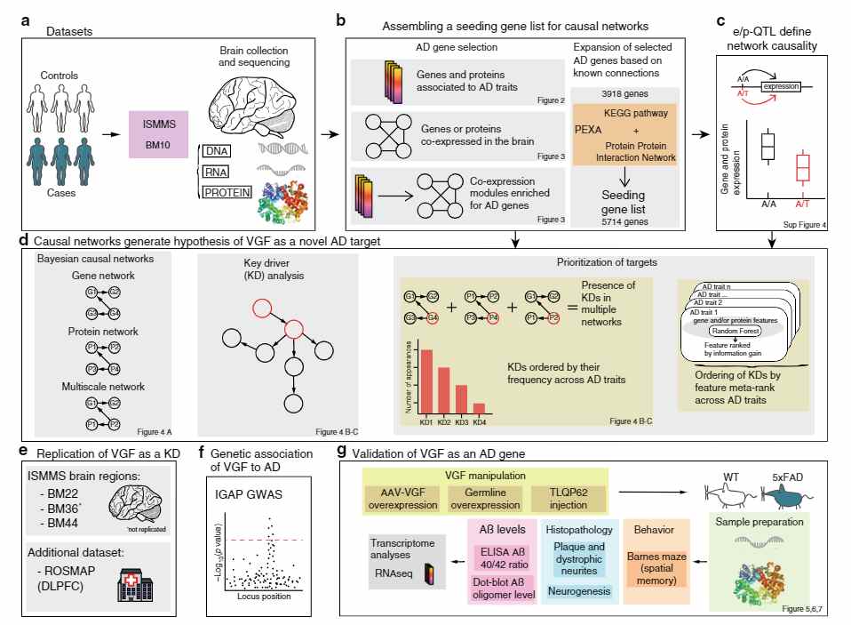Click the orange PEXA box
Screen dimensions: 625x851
(x=625, y=133)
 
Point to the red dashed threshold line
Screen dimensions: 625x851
(x=266, y=540)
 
